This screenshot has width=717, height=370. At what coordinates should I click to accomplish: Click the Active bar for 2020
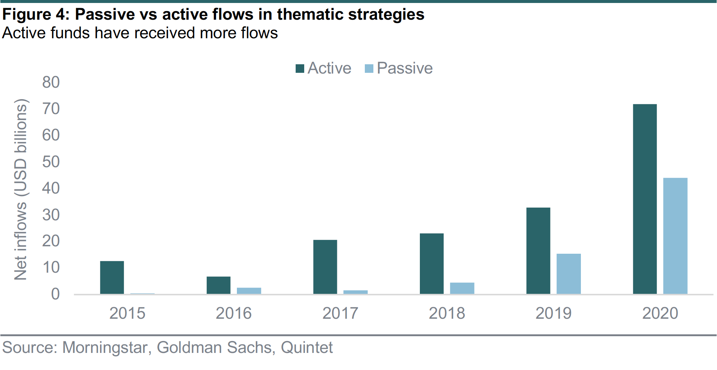click(645, 199)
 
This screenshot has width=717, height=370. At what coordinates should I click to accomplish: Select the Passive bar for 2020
click(675, 236)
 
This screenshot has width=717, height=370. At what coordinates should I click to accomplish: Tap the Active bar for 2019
click(538, 251)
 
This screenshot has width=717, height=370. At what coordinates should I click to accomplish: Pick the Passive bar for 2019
click(569, 274)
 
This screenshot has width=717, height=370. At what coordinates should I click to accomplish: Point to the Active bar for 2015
click(112, 277)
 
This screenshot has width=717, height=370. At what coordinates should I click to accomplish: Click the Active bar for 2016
click(219, 285)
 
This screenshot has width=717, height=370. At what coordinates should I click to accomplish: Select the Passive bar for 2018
click(462, 288)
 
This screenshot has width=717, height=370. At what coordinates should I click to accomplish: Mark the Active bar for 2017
click(325, 267)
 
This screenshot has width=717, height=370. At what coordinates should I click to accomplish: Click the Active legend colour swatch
click(300, 69)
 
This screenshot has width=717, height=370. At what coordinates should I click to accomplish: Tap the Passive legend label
click(405, 68)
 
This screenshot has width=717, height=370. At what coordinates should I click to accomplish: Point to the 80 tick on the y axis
click(51, 82)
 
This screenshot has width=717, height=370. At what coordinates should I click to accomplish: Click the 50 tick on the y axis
click(51, 162)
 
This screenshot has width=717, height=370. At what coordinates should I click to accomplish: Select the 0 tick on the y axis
click(55, 294)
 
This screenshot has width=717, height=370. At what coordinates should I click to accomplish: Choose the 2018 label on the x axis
click(447, 313)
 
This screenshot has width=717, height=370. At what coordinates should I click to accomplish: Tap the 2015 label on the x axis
click(127, 313)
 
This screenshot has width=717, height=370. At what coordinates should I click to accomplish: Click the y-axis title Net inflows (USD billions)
click(21, 189)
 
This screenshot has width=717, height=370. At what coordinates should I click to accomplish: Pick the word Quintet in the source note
click(307, 348)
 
